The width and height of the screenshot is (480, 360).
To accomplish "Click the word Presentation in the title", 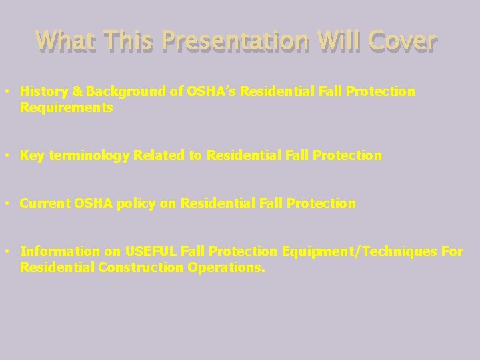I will [x=235, y=41].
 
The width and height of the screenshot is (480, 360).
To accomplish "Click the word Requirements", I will [x=66, y=107].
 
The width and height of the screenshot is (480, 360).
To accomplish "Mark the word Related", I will [x=160, y=155].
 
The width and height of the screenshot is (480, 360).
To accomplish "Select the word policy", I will [x=137, y=203].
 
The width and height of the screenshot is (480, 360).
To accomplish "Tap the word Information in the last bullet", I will [x=59, y=251].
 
